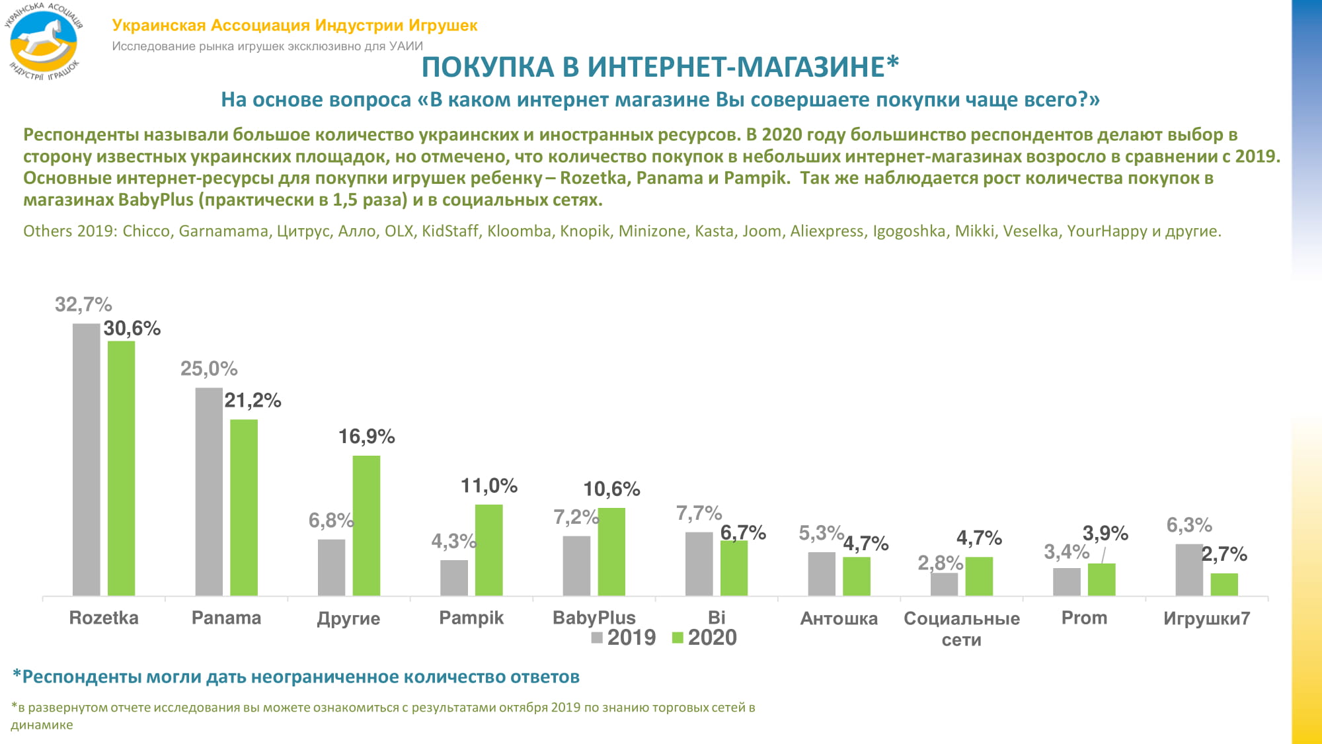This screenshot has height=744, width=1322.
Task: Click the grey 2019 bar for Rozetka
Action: coord(86,460)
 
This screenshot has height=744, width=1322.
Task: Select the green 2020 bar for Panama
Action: coord(244,507)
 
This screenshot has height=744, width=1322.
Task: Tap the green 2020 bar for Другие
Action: coord(366,526)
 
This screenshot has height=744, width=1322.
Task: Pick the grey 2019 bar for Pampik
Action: coord(454,577)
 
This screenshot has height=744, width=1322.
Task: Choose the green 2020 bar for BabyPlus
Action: coord(611,552)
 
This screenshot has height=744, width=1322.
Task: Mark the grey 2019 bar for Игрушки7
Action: coord(1189,569)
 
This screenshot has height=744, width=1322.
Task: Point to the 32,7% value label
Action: coord(83,305)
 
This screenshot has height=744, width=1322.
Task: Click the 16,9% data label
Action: coord(366,436)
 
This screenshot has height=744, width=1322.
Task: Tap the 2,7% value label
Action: coord(1224,554)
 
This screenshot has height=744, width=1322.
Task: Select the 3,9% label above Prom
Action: coord(1105,533)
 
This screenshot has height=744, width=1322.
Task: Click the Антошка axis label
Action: coord(839,618)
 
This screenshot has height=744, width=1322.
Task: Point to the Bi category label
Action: coord(717,618)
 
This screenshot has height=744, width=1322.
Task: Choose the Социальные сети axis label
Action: coord(962,628)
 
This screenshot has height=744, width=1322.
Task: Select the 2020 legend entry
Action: coord(705,638)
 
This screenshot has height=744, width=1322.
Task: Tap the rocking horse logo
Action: coord(44,41)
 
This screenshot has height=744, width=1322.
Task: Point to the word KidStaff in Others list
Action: coord(450,231)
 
